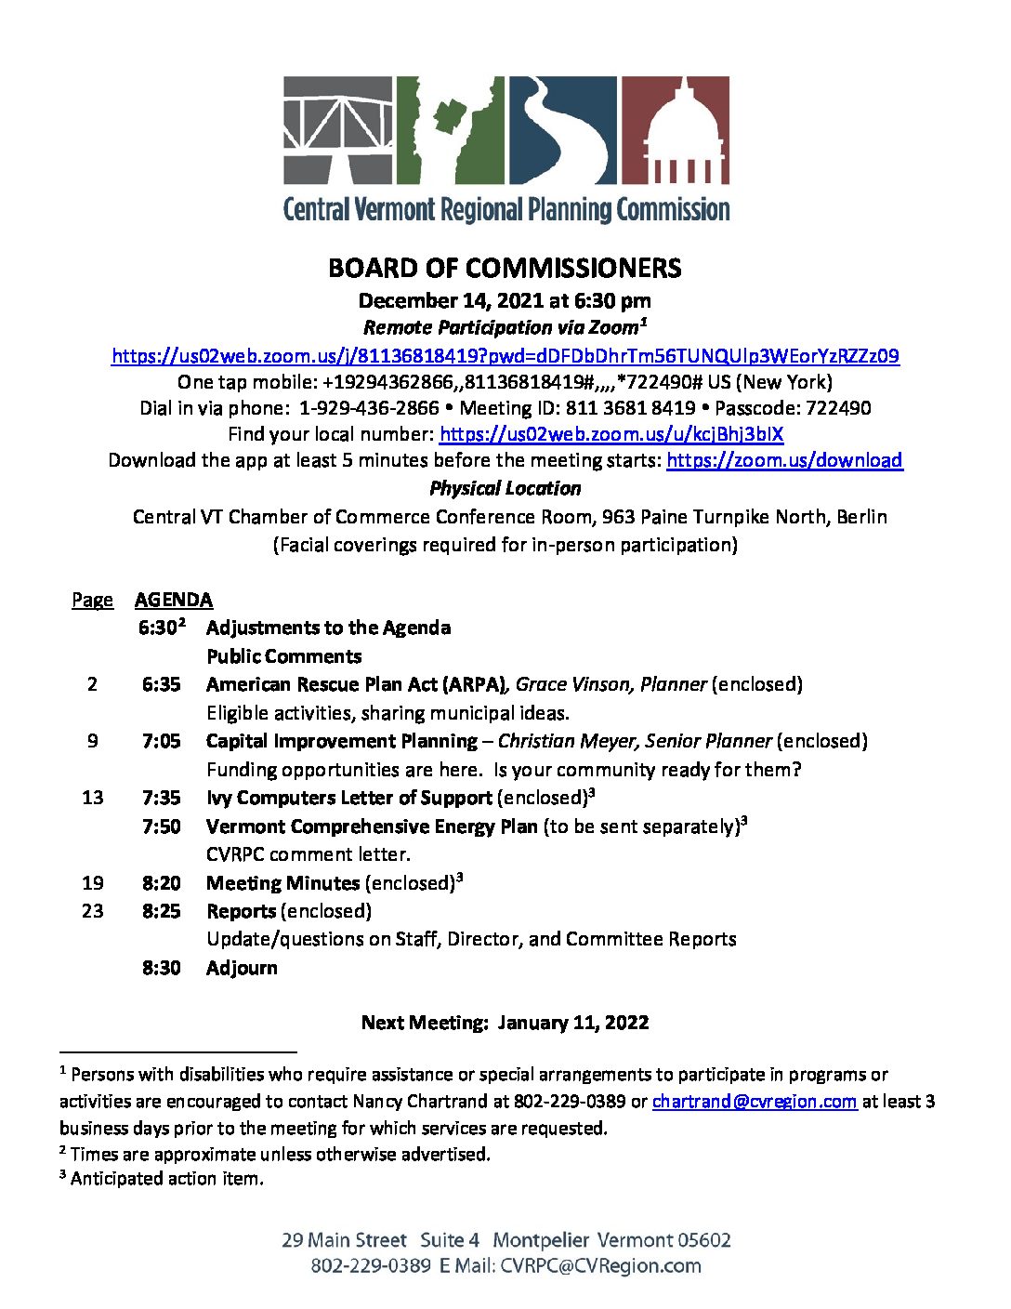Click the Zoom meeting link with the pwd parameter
[x=505, y=356]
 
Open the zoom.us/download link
[x=784, y=460]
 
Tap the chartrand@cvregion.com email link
[x=754, y=1102]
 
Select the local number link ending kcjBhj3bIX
[x=611, y=434]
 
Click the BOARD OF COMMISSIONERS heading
[x=505, y=269]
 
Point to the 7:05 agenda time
[x=162, y=741]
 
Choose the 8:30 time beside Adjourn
[x=162, y=968]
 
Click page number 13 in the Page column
[x=93, y=798]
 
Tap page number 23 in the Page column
[x=93, y=911]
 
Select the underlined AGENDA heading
[x=174, y=600]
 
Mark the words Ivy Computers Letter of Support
[x=348, y=798]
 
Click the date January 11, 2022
[x=573, y=1023]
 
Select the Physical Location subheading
[x=505, y=489]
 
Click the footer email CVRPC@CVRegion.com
[x=600, y=1266]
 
